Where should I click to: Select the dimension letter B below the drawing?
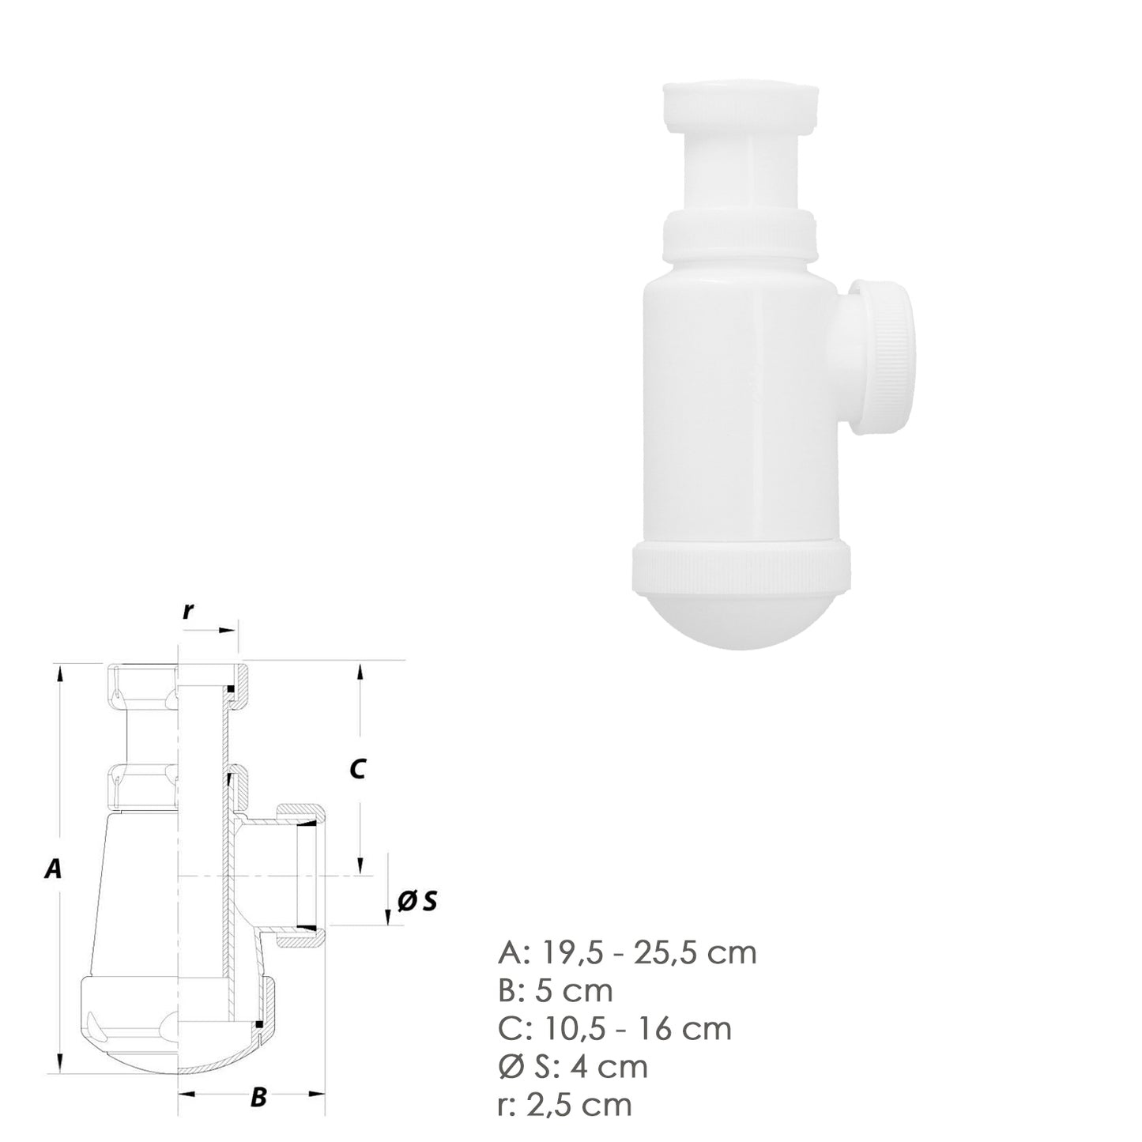(x=258, y=1097)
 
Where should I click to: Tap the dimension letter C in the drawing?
(x=357, y=767)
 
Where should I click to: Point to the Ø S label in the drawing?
(x=417, y=901)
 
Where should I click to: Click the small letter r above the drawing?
(x=188, y=610)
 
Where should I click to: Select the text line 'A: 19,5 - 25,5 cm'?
(x=628, y=952)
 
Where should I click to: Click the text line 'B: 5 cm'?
(x=556, y=990)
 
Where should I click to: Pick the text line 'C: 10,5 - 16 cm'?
(x=615, y=1028)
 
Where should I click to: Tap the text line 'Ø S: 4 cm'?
(x=573, y=1066)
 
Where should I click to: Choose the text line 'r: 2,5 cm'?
(x=565, y=1104)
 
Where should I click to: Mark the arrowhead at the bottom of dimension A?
(x=59, y=1065)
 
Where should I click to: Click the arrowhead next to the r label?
(x=229, y=629)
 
